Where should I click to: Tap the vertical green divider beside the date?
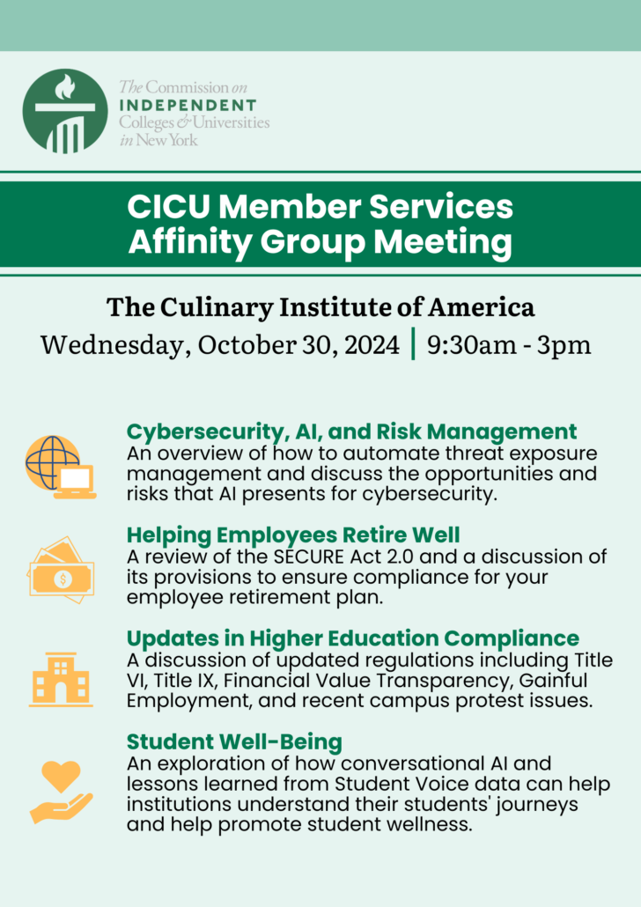413,343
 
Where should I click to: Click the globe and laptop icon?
60,467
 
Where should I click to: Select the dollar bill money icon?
60,571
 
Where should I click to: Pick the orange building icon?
60,679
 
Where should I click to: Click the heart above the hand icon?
61,776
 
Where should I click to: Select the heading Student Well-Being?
234,741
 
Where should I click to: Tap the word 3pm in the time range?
566,343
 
